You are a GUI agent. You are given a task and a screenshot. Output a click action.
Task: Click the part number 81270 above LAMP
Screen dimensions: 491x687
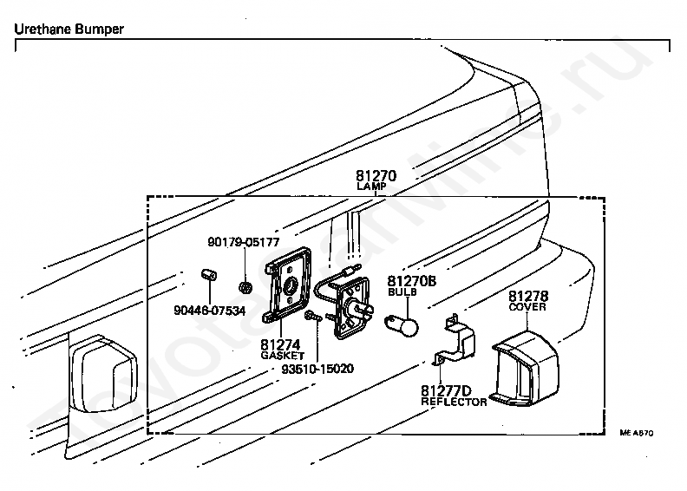tap(376, 175)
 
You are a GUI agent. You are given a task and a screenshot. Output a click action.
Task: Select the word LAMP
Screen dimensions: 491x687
tap(376, 187)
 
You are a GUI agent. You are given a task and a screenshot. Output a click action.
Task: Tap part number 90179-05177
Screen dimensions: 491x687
tap(243, 242)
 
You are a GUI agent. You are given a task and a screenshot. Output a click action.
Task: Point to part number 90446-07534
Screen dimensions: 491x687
tap(210, 310)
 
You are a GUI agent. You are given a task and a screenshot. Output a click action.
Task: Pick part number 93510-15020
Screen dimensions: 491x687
tap(317, 369)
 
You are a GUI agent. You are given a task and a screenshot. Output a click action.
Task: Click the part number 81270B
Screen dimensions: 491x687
tap(411, 281)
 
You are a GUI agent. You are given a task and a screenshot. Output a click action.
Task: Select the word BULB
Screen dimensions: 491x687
tap(401, 293)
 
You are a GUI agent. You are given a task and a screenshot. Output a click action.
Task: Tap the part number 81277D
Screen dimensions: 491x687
tap(446, 390)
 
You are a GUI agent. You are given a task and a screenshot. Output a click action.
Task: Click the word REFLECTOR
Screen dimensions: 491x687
tap(454, 403)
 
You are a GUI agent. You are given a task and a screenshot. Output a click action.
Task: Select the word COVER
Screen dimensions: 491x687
tap(527, 307)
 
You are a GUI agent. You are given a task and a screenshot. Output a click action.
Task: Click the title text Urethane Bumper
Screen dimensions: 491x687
tap(69, 29)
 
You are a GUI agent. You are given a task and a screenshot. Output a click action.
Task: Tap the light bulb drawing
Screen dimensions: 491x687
tap(402, 327)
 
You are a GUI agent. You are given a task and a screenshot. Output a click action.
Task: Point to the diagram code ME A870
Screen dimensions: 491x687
tap(636, 431)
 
